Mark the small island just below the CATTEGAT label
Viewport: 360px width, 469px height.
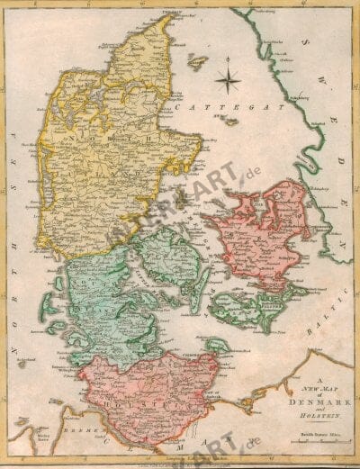pos(231,121)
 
